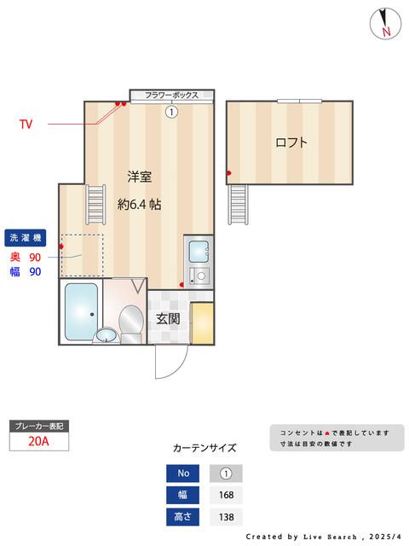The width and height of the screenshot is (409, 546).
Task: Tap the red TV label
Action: coord(26,124)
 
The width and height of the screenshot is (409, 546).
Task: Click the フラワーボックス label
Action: coord(171,96)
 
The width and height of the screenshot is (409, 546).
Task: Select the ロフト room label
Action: coord(291,142)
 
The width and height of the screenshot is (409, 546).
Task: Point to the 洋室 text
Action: coord(140,177)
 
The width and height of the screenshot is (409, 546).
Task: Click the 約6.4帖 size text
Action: coord(140,205)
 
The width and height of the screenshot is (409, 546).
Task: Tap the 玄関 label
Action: coord(168,319)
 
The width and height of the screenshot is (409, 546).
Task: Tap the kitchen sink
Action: coord(198,252)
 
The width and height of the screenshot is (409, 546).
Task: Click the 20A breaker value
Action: coord(37,441)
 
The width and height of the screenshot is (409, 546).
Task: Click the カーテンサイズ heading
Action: coord(204,447)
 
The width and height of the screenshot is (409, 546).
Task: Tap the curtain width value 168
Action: coord(226,495)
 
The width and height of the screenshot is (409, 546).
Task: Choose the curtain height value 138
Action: coord(226,517)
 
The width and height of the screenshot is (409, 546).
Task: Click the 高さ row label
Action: coord(184,517)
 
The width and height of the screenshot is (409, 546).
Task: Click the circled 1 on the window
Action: coord(171,111)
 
